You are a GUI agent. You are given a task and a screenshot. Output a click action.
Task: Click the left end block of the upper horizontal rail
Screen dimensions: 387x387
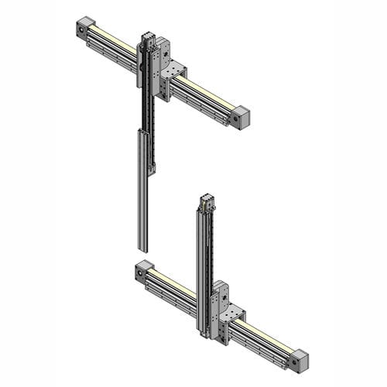tap(84, 28)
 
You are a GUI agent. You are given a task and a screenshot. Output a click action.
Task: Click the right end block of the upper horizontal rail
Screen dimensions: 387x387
tap(241, 118)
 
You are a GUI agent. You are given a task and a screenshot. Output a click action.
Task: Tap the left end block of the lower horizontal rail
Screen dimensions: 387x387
tap(143, 271)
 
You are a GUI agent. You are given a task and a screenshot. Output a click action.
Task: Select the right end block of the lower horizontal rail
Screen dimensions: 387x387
tap(299, 361)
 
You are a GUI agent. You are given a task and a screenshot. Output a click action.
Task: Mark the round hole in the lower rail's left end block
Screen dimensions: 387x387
tap(140, 273)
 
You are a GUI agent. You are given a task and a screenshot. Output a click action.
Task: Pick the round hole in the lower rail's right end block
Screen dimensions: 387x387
tap(294, 363)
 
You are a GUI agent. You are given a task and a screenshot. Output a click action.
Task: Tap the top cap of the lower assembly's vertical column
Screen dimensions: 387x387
tap(207, 200)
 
